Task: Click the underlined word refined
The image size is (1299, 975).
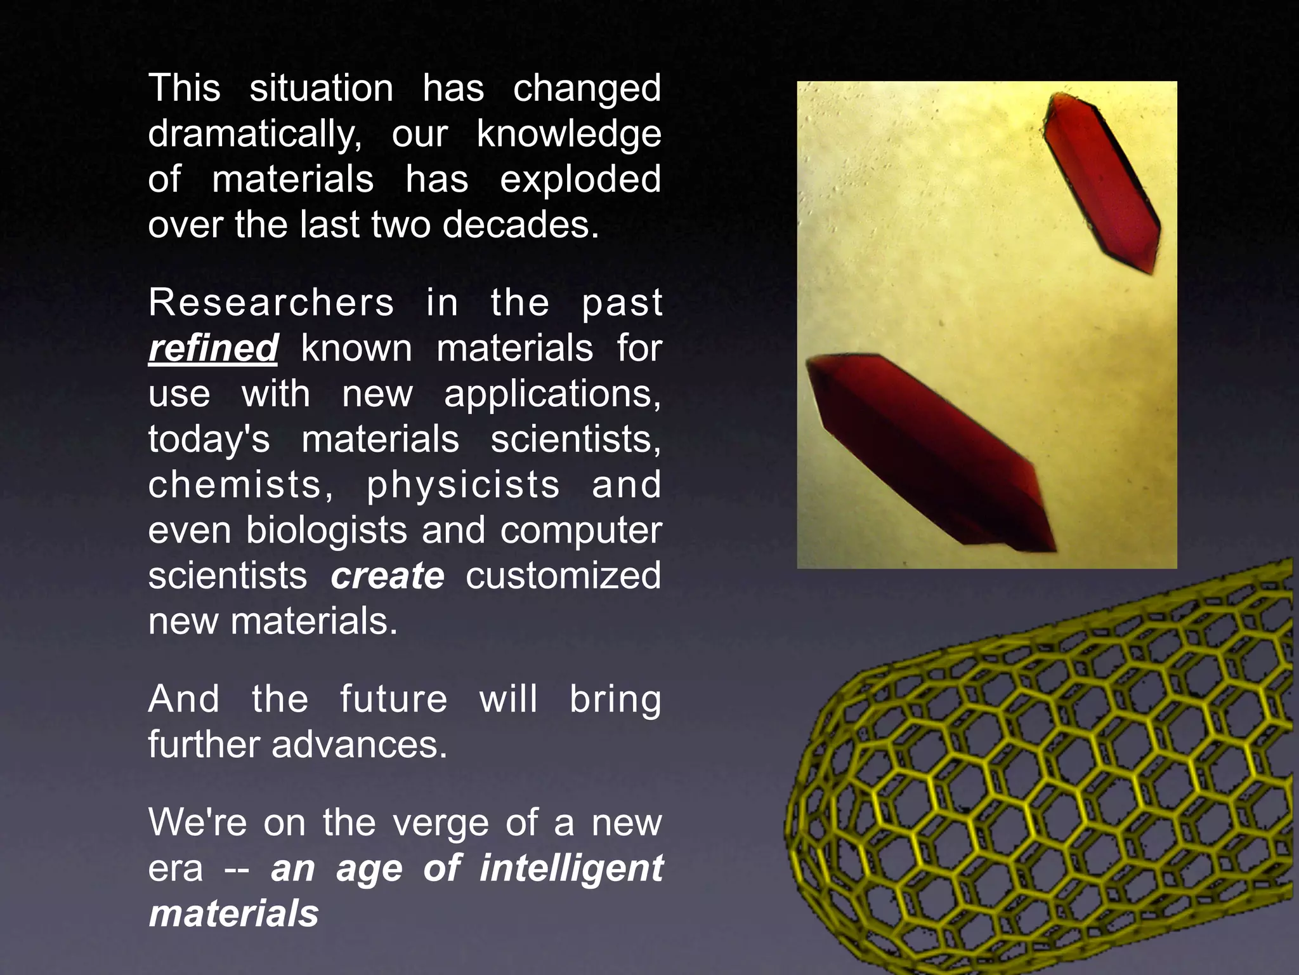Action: coord(213,348)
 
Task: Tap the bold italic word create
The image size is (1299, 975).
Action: coord(388,576)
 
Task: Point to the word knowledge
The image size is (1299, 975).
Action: coord(569,135)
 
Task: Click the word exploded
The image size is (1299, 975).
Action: coord(580,180)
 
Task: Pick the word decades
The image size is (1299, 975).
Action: coord(520,225)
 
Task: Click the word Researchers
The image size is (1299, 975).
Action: coord(271,303)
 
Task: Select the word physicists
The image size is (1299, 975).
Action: coord(463,485)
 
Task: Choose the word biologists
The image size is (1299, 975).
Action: coord(326,531)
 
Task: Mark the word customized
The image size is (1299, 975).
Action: coord(563,576)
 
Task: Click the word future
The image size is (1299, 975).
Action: coord(393,699)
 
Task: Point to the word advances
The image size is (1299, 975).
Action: coord(360,745)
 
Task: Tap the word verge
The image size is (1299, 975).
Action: coord(440,823)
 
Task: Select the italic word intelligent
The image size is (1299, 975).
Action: coord(571,868)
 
